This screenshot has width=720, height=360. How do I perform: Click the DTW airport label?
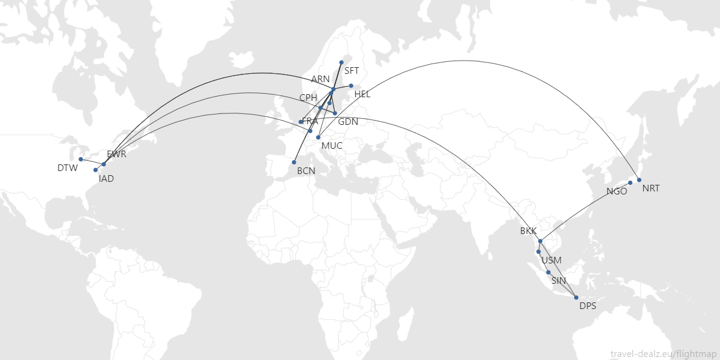tap(68, 168)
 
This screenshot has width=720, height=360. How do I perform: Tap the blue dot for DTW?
tap(80, 159)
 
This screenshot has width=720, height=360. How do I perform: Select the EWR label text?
tap(116, 154)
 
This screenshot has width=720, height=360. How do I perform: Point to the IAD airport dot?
tap(95, 170)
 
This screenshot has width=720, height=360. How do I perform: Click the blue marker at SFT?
tap(341, 62)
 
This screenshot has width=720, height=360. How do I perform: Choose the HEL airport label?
tap(362, 94)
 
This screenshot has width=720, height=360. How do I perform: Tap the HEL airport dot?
tap(351, 85)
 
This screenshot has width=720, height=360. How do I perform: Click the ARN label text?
tap(320, 79)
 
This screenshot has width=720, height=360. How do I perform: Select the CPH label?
tap(308, 97)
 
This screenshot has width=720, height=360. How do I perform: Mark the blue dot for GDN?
tap(335, 113)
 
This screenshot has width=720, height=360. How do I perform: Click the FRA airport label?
tap(310, 121)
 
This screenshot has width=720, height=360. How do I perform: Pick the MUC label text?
tap(332, 146)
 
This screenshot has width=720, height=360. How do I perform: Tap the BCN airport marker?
tap(294, 162)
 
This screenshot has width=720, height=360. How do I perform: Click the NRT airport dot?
tap(639, 180)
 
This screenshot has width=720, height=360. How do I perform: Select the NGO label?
tap(617, 192)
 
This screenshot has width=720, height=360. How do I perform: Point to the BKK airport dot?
tap(540, 241)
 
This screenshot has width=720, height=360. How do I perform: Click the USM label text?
tap(551, 260)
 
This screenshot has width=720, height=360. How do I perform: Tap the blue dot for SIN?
tap(548, 272)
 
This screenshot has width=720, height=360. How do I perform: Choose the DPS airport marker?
tap(576, 298)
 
